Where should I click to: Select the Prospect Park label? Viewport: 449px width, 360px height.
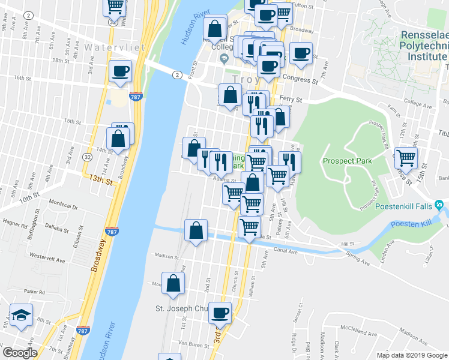click(347, 161)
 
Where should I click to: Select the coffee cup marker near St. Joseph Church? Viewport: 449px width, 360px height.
click(219, 312)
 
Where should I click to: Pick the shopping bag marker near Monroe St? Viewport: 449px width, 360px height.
click(173, 284)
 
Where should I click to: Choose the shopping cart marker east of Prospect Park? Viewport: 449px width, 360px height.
click(406, 158)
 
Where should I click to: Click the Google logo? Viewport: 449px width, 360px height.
click(20, 352)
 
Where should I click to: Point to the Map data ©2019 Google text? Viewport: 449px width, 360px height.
click(412, 355)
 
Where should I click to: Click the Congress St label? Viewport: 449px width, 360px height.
click(301, 79)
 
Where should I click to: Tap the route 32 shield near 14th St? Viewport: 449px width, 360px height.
click(88, 157)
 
